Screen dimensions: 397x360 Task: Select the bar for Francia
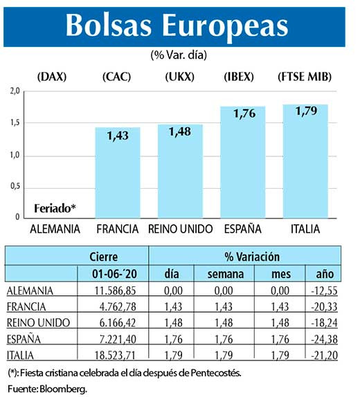[x=117, y=173]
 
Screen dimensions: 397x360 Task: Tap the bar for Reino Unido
[x=180, y=172]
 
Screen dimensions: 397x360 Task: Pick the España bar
[x=243, y=163]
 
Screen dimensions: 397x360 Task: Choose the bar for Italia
[x=305, y=161]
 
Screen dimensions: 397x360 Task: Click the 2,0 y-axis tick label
[x=15, y=91]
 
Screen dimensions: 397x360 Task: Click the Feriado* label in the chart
[x=54, y=208]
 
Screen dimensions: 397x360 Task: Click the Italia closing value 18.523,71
[x=105, y=355]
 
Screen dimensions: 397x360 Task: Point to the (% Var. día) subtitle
[x=179, y=54]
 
